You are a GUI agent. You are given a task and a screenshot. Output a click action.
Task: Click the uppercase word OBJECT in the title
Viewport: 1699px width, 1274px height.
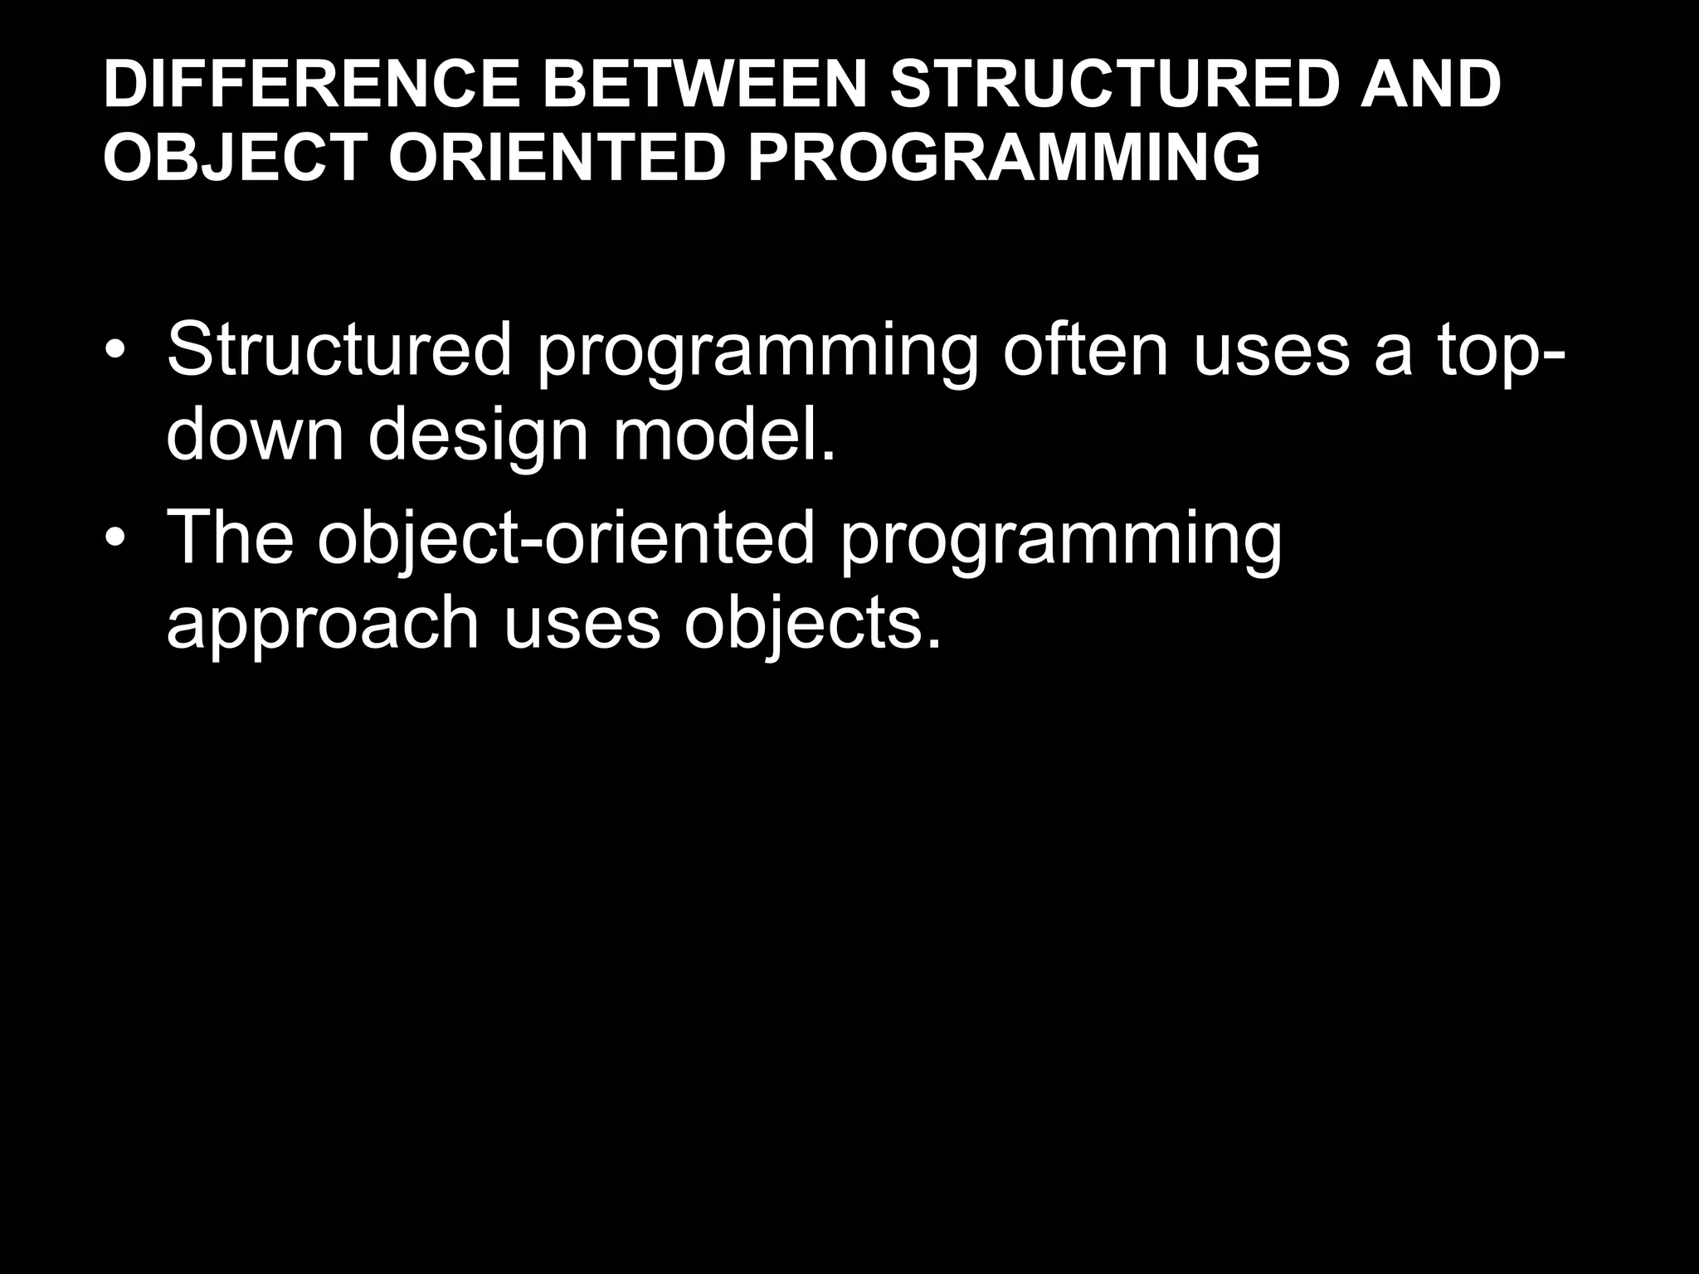(235, 158)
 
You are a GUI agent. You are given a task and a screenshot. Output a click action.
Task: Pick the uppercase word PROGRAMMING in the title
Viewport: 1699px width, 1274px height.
(1004, 158)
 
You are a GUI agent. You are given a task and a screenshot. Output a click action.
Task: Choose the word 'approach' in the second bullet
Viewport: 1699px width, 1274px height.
(323, 627)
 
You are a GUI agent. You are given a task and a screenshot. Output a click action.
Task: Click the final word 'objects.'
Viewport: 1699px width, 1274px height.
(813, 627)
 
